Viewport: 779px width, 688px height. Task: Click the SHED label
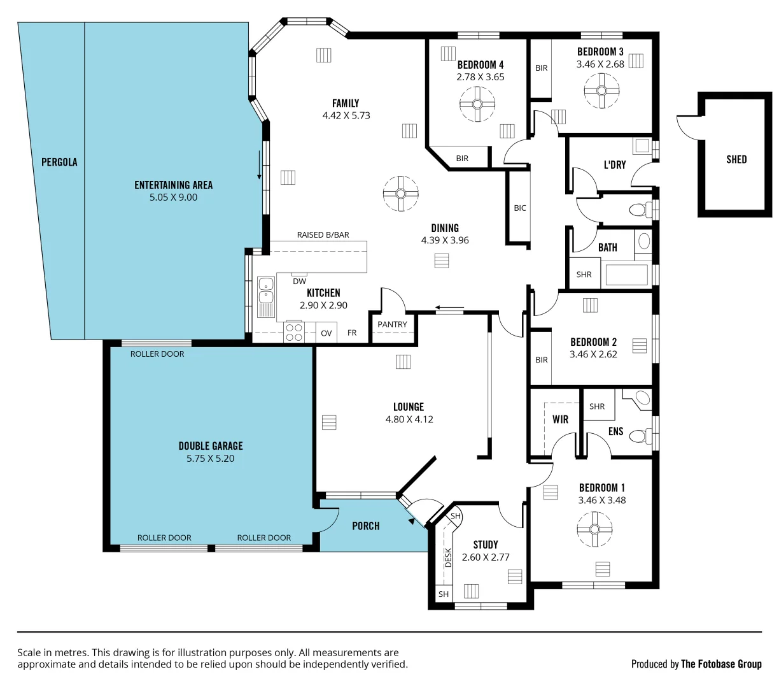coord(736,159)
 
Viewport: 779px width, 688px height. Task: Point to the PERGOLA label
coord(59,162)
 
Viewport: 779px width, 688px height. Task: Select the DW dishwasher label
coord(299,281)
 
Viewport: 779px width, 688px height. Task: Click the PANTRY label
coord(392,324)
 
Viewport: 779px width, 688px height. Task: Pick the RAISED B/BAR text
coord(323,235)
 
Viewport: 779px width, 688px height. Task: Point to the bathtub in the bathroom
coord(626,275)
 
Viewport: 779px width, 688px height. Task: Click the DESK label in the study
coord(448,558)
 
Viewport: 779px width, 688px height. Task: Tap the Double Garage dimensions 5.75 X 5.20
coord(211,458)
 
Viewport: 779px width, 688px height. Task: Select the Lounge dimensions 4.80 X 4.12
coord(409,419)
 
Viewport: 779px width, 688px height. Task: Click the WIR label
coord(560,419)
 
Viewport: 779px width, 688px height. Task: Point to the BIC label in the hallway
coord(520,208)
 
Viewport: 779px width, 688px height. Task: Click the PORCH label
coord(366,526)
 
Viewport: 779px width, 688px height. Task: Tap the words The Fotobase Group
coord(721,664)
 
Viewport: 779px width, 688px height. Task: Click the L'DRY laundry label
coord(615,164)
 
